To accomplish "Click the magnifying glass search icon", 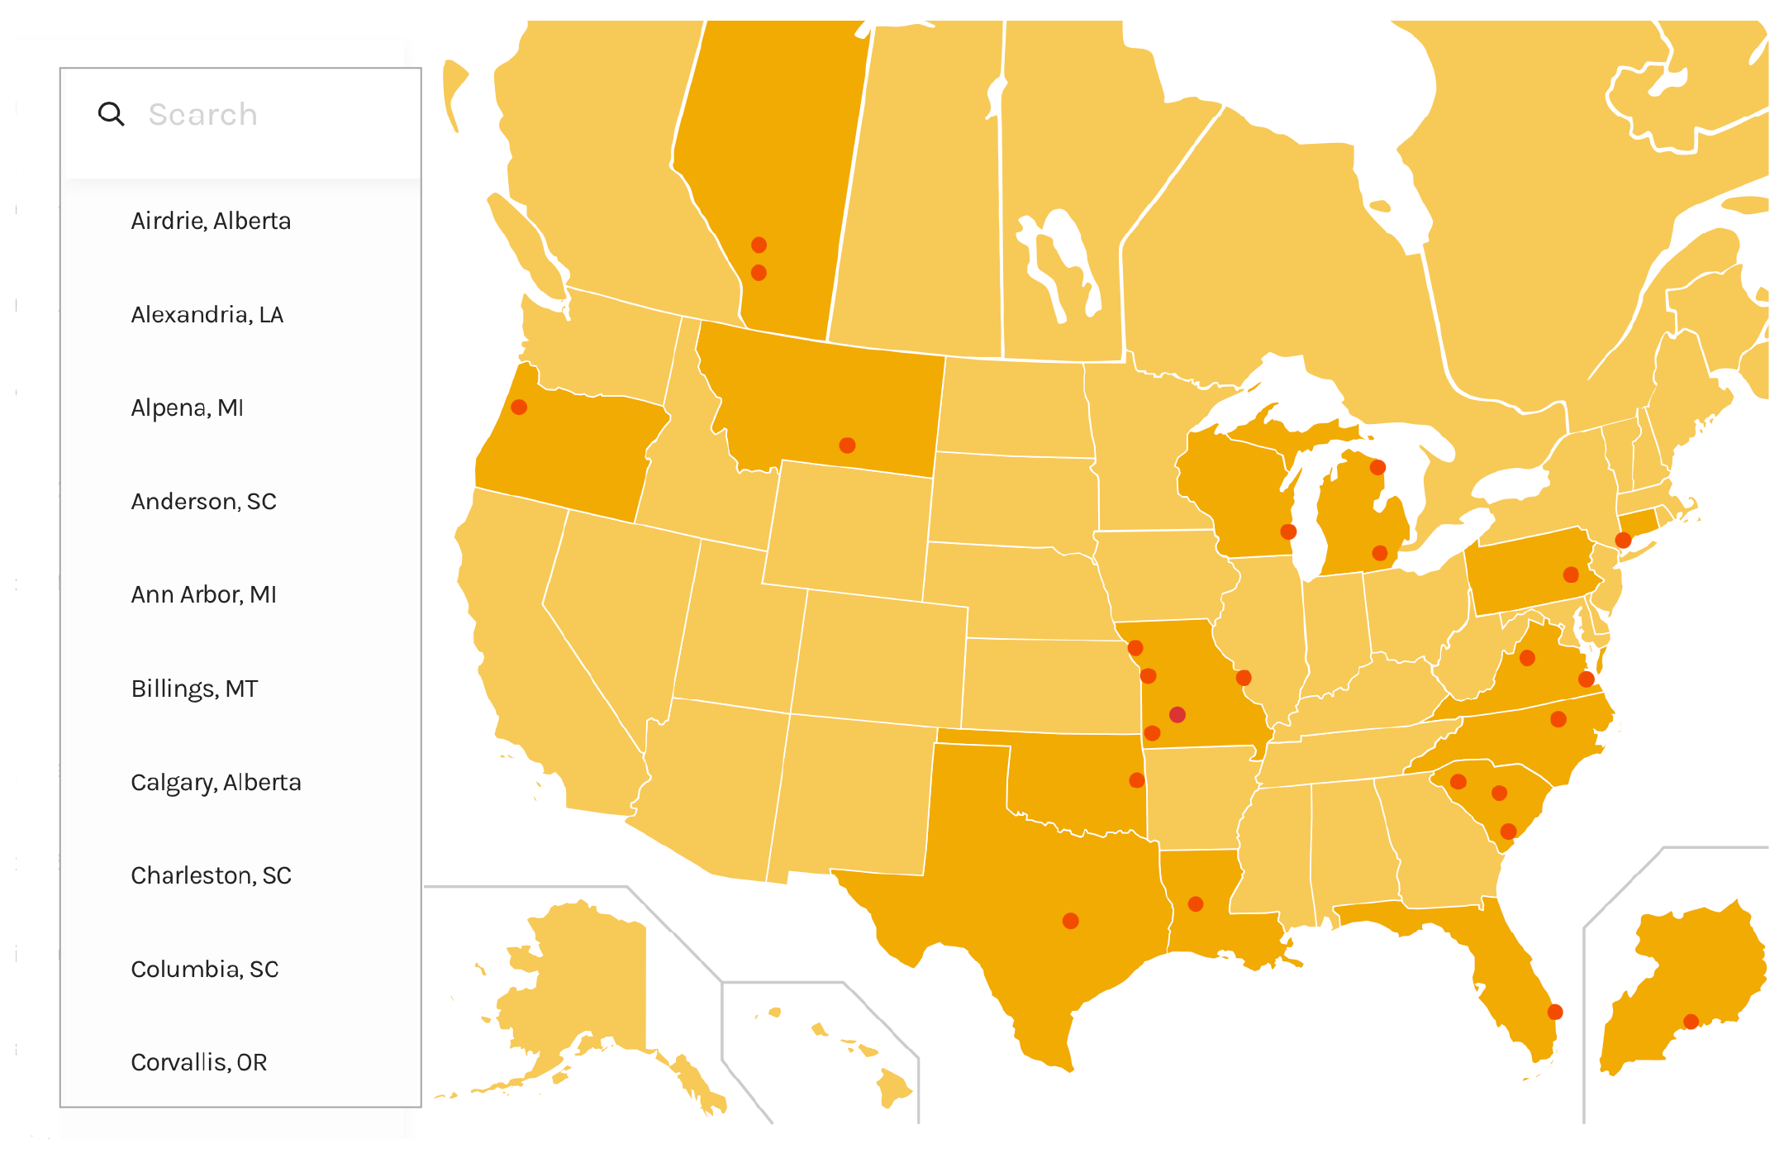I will coord(111,114).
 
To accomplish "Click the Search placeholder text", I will coord(202,114).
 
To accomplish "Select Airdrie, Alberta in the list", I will coord(211,221).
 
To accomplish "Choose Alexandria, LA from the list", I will coord(207,314).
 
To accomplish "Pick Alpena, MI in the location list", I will coord(187,408).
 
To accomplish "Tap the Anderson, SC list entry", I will coord(203,501).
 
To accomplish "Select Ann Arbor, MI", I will coord(203,594).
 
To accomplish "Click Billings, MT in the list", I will coord(194,689).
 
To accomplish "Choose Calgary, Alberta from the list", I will coord(216,782).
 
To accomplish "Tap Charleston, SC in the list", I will coord(211,875).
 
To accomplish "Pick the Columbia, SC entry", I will coord(204,969).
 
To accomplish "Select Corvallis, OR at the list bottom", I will coord(198,1062).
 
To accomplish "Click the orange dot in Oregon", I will coord(519,407).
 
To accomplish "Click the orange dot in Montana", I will coord(847,446).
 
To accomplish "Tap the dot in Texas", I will coord(1070,921).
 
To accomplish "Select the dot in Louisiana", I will coord(1196,904).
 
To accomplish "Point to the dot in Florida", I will coord(1555,1012).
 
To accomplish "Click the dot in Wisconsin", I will coord(1288,531).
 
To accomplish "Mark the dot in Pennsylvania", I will coord(1571,574).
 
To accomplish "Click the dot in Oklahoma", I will coord(1137,780).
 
